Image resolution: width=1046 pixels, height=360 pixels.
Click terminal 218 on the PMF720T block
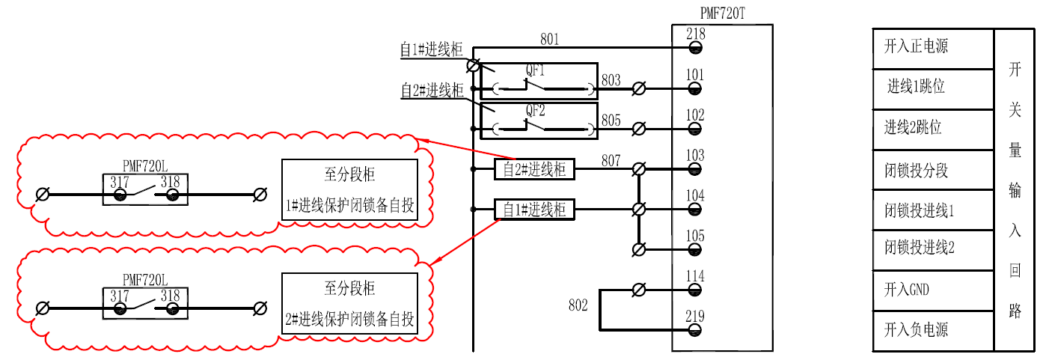tap(695, 48)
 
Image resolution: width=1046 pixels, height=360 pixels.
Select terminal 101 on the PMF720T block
tap(695, 88)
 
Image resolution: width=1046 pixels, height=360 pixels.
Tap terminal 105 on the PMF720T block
tap(695, 249)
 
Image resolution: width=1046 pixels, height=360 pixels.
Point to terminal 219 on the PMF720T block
tap(695, 330)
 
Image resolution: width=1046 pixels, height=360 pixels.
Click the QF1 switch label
tap(535, 70)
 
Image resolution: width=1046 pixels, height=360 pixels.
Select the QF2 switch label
tap(535, 110)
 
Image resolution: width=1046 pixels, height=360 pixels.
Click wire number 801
tap(549, 40)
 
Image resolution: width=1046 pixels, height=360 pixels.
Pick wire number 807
tap(611, 160)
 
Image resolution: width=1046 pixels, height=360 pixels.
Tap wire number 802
tap(578, 305)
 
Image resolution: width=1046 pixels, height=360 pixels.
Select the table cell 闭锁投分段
tap(916, 170)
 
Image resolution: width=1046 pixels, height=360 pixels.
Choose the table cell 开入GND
tap(906, 290)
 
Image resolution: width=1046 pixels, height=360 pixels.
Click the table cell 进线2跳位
tap(913, 127)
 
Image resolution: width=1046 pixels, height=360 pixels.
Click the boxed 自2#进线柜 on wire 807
tap(534, 169)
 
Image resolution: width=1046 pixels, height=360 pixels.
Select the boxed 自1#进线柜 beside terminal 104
tap(534, 210)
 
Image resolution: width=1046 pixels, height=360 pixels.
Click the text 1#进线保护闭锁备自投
tap(349, 206)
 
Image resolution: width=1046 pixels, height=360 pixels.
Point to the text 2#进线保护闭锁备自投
tap(349, 320)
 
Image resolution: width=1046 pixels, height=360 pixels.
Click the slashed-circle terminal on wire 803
tap(639, 89)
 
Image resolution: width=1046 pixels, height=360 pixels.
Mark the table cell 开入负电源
tap(916, 330)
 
